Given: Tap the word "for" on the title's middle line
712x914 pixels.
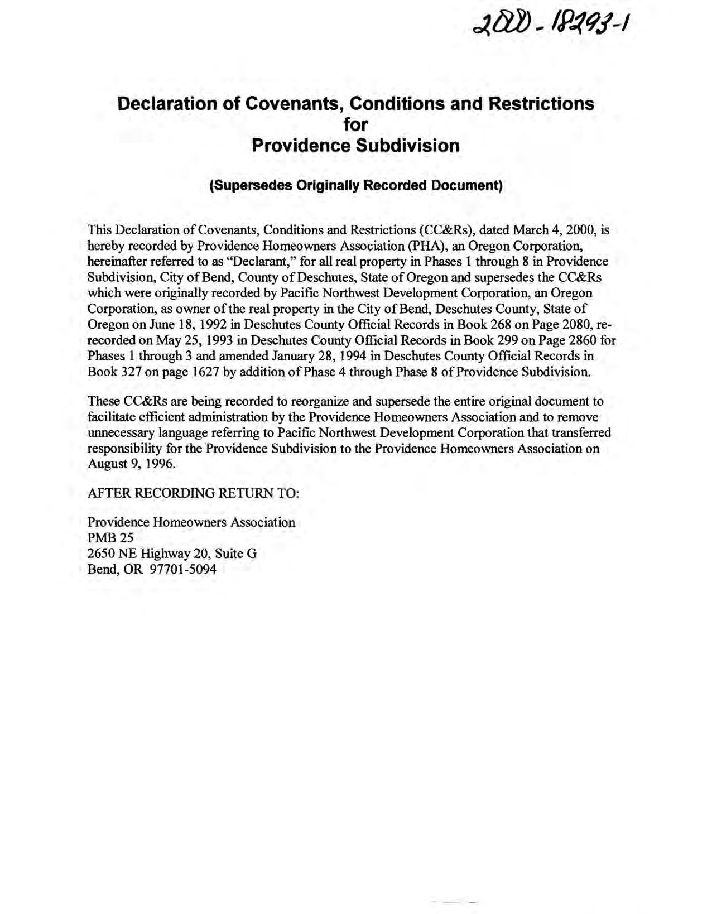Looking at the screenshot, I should [355, 124].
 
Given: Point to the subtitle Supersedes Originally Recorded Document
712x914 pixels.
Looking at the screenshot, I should [355, 186].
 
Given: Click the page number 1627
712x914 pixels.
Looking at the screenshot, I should [201, 372].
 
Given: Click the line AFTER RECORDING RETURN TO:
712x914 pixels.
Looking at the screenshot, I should [194, 493].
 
